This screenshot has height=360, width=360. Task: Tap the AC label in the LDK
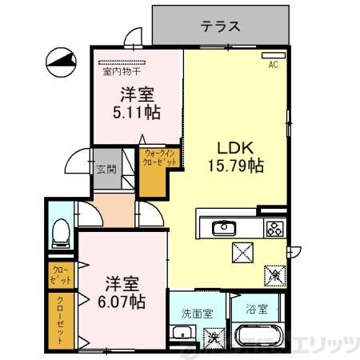tap(272, 64)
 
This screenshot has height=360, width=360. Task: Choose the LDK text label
tap(236, 147)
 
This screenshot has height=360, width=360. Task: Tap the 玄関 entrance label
tap(106, 169)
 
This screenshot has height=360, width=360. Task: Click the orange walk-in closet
tap(153, 170)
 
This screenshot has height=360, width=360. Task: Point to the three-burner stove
tap(275, 227)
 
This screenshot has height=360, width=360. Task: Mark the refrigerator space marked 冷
tap(274, 273)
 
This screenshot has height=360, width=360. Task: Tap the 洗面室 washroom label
tap(196, 314)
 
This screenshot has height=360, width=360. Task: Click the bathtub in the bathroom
tap(258, 337)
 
